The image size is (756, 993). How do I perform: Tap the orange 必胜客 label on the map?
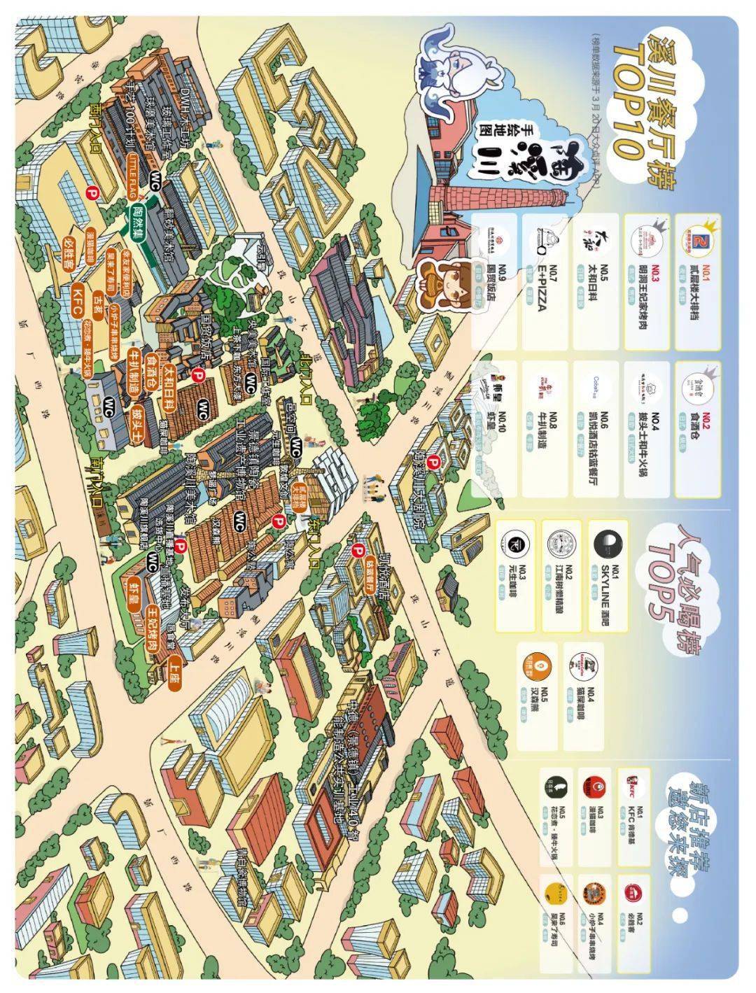(x=69, y=248)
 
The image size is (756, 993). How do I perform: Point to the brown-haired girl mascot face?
(x=445, y=283)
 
